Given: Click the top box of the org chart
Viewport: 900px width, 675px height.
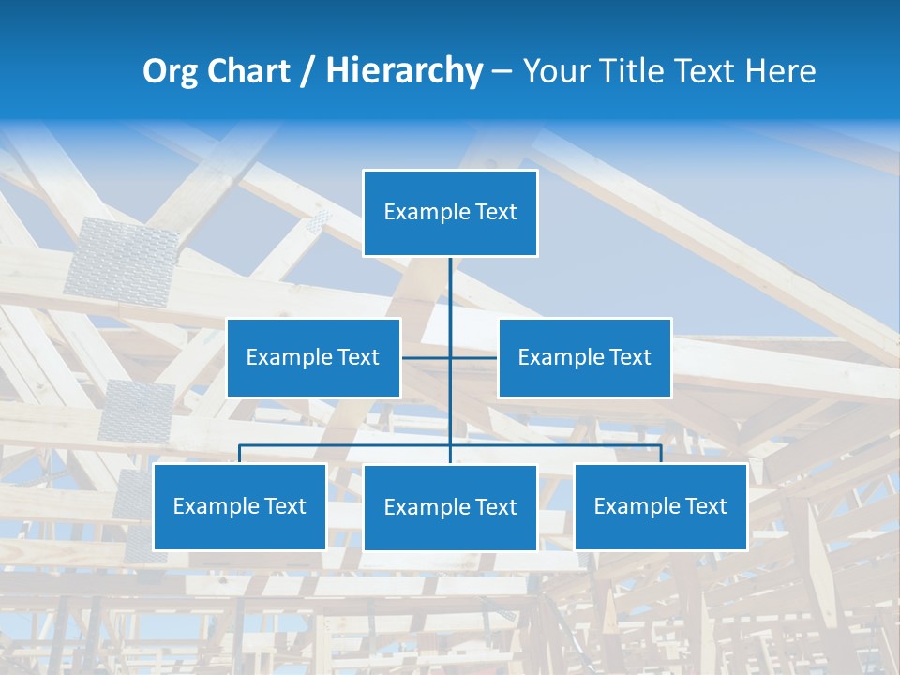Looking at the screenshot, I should pyautogui.click(x=450, y=213).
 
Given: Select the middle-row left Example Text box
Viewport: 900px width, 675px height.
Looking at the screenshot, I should pyautogui.click(x=313, y=357).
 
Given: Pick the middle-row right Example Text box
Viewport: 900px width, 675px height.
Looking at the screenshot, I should pyautogui.click(x=584, y=357).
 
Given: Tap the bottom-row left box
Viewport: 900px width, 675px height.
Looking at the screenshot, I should pyautogui.click(x=240, y=506).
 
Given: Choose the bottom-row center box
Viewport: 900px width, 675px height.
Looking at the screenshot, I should pyautogui.click(x=450, y=507).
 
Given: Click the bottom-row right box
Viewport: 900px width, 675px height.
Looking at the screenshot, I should pyautogui.click(x=661, y=506).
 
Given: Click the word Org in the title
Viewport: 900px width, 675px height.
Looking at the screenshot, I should pyautogui.click(x=170, y=71).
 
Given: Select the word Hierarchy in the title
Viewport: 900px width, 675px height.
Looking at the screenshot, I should pyautogui.click(x=404, y=71).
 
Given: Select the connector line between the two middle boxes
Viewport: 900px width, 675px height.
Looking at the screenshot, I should pyautogui.click(x=450, y=357).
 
